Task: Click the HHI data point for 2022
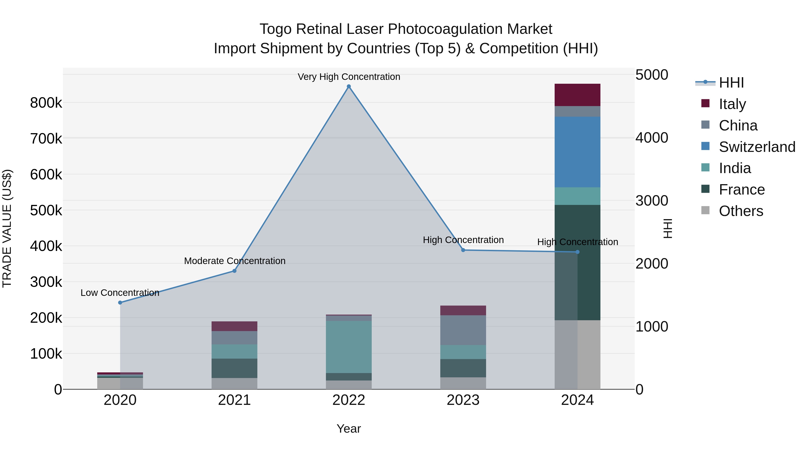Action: coord(349,86)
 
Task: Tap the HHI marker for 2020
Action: coord(120,302)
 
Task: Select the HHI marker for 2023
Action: coord(463,250)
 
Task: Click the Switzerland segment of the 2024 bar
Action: coord(577,152)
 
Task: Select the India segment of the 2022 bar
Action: coord(349,347)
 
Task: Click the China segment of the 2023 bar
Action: coord(463,330)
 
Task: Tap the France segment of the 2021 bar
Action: coord(234,368)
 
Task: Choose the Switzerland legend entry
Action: coord(757,147)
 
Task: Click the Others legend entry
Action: coord(740,211)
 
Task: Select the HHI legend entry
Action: coord(731,83)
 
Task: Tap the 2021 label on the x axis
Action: coord(234,400)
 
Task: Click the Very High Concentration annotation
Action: coord(349,77)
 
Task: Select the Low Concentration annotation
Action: coord(120,293)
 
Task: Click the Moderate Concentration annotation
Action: coord(235,261)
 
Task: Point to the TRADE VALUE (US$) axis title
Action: coord(7,228)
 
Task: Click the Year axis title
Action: coord(349,429)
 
